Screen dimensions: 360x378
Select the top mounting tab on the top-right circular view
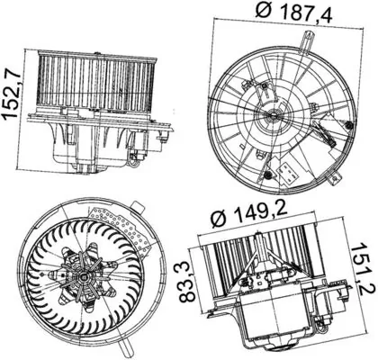point(308,38)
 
